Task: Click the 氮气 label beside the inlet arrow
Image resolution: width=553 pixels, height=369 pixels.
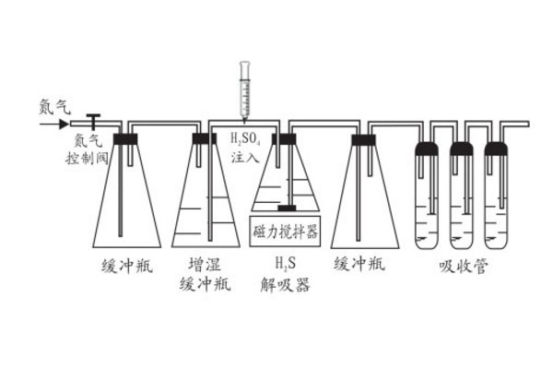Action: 53,106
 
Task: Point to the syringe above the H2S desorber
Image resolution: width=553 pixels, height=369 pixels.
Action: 245,89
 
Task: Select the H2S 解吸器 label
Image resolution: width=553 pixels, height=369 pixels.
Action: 285,275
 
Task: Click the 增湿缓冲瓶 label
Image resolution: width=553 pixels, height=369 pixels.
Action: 205,275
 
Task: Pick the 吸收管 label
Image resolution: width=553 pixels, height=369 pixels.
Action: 463,268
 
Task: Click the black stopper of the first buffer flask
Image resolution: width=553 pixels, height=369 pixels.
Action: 125,138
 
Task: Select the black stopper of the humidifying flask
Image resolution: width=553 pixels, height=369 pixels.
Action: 205,138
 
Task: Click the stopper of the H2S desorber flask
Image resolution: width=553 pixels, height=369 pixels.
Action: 284,138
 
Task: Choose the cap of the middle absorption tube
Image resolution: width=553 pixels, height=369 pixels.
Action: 462,148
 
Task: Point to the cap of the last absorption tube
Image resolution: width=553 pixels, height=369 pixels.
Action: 497,148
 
